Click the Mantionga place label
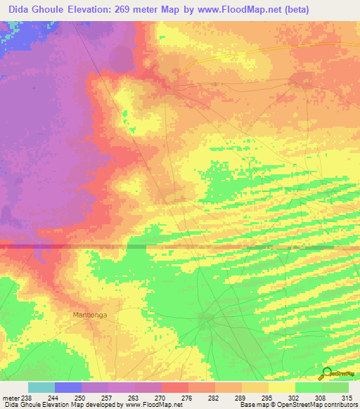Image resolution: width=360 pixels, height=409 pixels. click(x=90, y=315)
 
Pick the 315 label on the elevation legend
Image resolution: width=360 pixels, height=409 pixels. click(x=347, y=397)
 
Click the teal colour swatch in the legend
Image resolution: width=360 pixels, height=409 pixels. click(x=41, y=387)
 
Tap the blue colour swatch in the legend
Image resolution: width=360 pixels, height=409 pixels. click(x=68, y=387)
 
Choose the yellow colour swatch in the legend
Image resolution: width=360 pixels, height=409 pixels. click(x=281, y=387)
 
